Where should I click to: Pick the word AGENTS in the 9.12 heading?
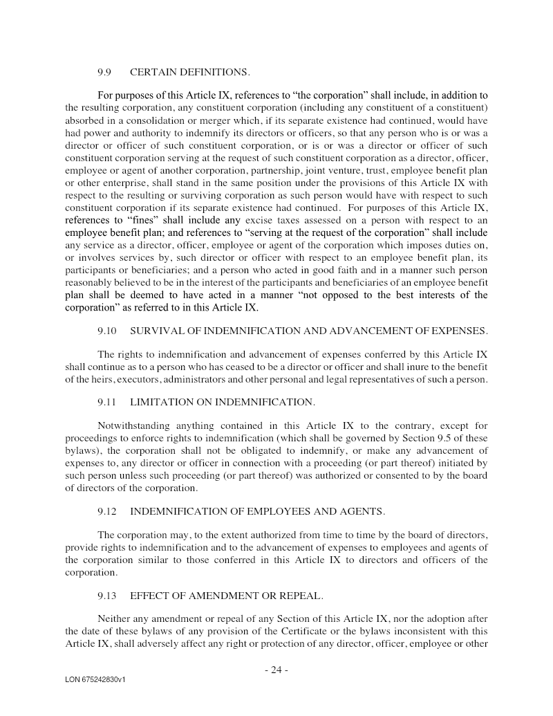[362, 511]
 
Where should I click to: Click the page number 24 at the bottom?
[276, 670]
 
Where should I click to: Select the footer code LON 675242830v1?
[95, 680]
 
